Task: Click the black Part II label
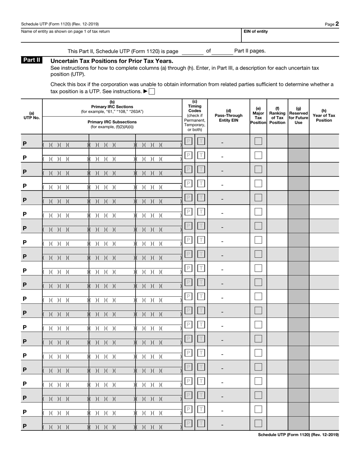(x=32, y=60)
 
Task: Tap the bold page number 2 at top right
(x=337, y=24)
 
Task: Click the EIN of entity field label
(x=255, y=31)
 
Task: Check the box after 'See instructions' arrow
(x=152, y=91)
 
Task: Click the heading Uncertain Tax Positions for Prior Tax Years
(x=112, y=61)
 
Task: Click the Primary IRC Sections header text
(x=112, y=106)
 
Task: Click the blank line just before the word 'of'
(x=193, y=52)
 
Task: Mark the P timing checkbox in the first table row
(x=188, y=141)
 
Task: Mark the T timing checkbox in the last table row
(x=201, y=423)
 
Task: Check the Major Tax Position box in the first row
(x=258, y=141)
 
